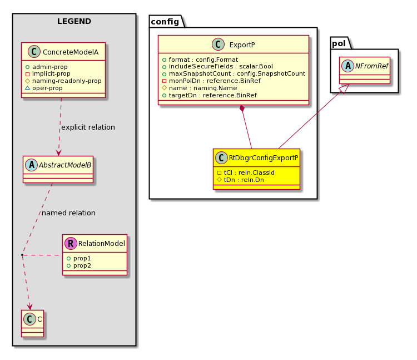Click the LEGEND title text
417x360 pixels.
(74, 21)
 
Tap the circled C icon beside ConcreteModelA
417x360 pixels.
(34, 52)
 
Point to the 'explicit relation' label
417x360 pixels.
(88, 127)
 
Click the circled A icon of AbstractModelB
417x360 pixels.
(31, 165)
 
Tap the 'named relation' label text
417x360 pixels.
(68, 213)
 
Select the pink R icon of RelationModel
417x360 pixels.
(71, 244)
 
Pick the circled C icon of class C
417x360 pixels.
(29, 319)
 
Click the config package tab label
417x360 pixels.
(165, 22)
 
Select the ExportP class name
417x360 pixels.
(242, 45)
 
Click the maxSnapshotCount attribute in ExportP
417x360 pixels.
(237, 73)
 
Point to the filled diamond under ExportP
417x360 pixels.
(242, 109)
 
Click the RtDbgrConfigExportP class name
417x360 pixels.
(264, 158)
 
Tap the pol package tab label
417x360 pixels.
(339, 43)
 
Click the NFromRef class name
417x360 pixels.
(372, 66)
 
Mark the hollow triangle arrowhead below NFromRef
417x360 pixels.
(345, 88)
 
